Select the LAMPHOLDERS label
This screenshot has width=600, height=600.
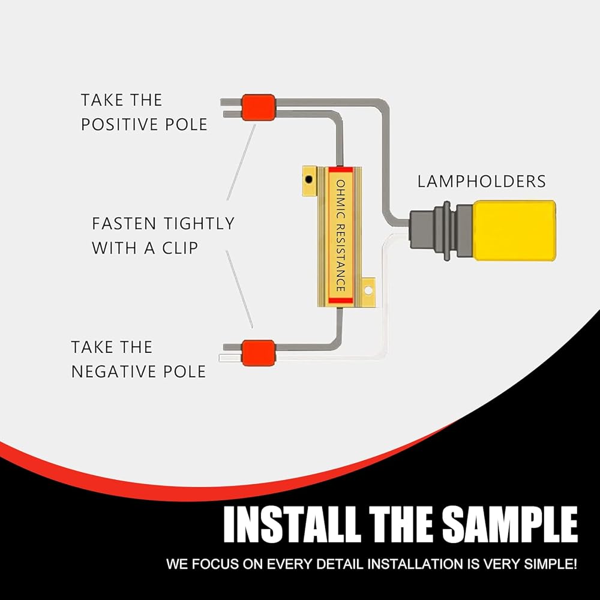(482, 181)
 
